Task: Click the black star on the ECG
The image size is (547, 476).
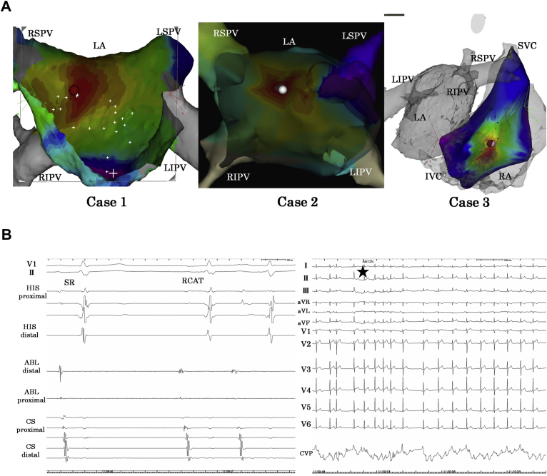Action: pos(363,271)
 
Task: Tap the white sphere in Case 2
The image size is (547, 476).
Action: pos(284,90)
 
